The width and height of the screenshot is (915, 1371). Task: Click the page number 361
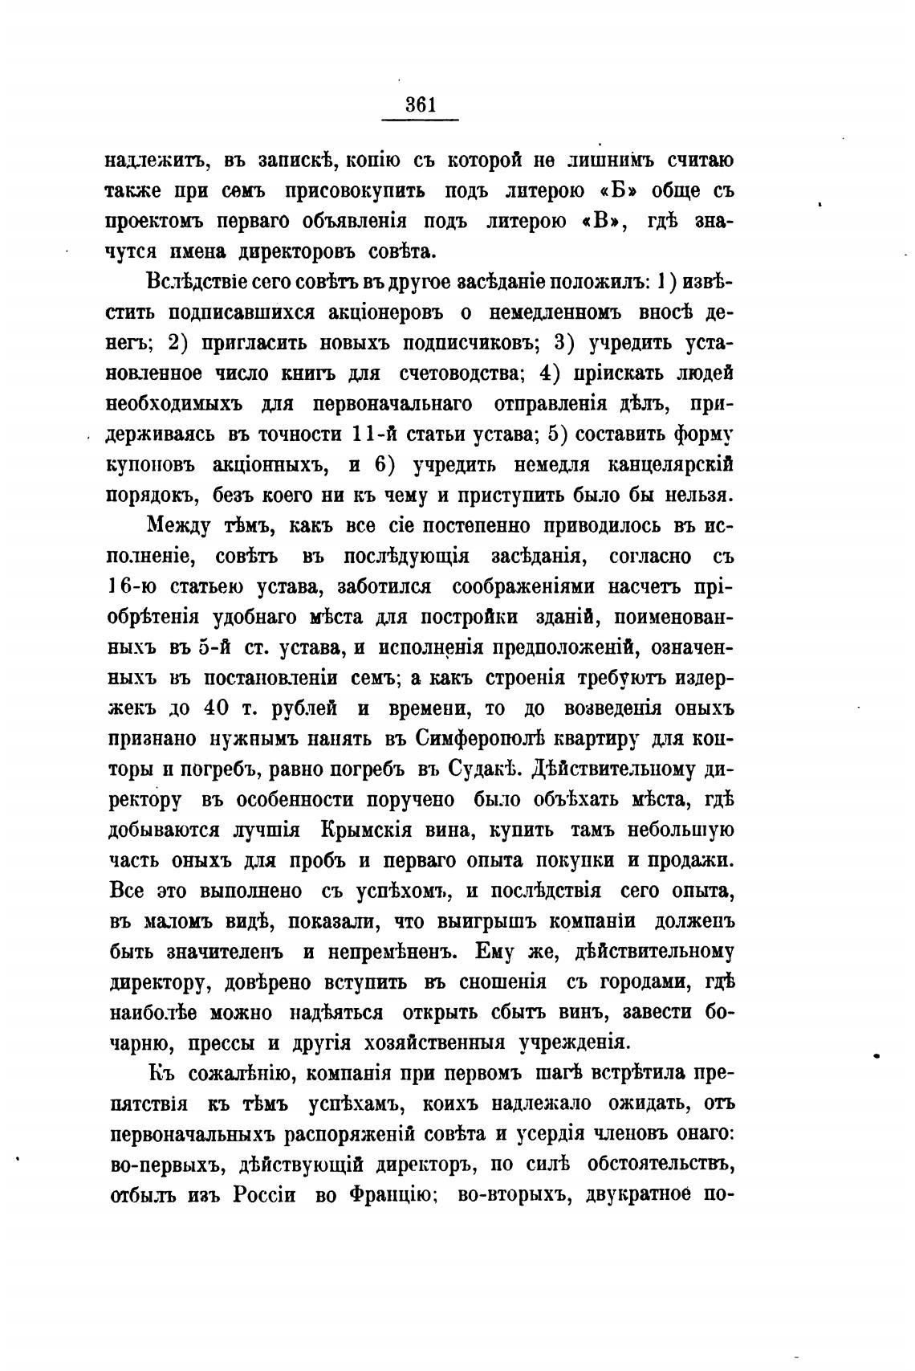pyautogui.click(x=420, y=104)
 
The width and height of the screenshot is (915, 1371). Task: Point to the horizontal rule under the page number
pyautogui.click(x=420, y=120)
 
